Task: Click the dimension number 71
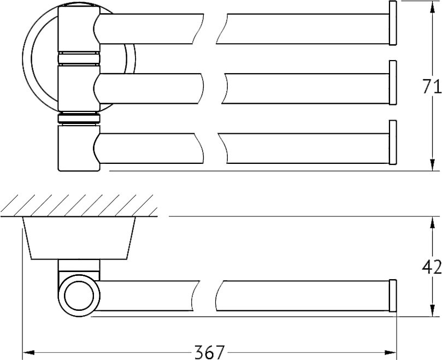pyautogui.click(x=432, y=86)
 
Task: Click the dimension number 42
pyautogui.click(x=432, y=267)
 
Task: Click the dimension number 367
pyautogui.click(x=209, y=352)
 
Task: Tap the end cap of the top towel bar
pyautogui.click(x=393, y=23)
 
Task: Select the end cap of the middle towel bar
pyautogui.click(x=393, y=83)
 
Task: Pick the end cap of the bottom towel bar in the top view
pyautogui.click(x=393, y=143)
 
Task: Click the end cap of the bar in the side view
pyautogui.click(x=393, y=296)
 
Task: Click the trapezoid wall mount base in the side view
pyautogui.click(x=79, y=238)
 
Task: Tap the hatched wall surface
pyautogui.click(x=79, y=205)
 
